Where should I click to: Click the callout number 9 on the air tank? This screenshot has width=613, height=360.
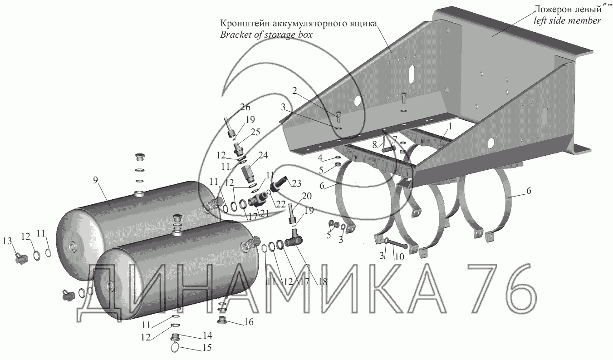[x=95, y=180]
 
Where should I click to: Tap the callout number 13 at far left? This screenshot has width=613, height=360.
[x=7, y=241]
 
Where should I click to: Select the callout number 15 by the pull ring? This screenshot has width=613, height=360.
[x=207, y=348]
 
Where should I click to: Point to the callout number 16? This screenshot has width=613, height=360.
[x=249, y=322]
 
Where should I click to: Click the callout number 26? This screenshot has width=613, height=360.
[x=245, y=107]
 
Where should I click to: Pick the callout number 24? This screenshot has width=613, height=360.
[x=263, y=155]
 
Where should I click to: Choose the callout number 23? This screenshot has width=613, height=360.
[x=296, y=183]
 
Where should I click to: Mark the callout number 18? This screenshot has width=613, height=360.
[x=323, y=282]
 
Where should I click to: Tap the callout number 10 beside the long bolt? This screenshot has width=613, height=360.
[x=400, y=256]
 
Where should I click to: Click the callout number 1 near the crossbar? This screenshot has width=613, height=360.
[x=450, y=127]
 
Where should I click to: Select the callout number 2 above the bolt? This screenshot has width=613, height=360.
[x=294, y=91]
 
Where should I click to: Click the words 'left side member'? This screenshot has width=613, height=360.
[x=567, y=20]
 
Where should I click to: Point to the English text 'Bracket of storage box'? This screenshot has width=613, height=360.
[x=266, y=35]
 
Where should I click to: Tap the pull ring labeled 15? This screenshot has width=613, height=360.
[x=176, y=347]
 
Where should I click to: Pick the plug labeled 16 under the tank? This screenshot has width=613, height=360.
[x=222, y=319]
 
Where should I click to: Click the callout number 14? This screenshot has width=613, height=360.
[x=207, y=335]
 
